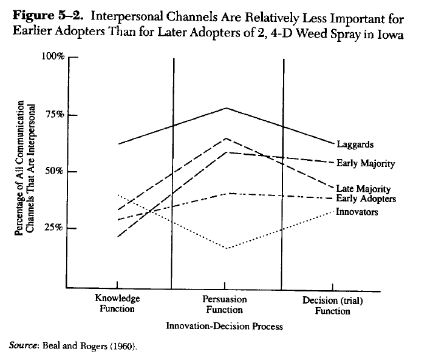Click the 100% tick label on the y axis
click(53, 57)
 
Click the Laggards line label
click(355, 145)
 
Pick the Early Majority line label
click(366, 163)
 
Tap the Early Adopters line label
click(366, 199)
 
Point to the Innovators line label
click(357, 212)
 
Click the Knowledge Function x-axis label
click(117, 304)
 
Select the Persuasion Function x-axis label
click(225, 304)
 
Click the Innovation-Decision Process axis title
click(224, 326)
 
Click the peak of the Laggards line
click(226, 108)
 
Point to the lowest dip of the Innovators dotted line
click(226, 248)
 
